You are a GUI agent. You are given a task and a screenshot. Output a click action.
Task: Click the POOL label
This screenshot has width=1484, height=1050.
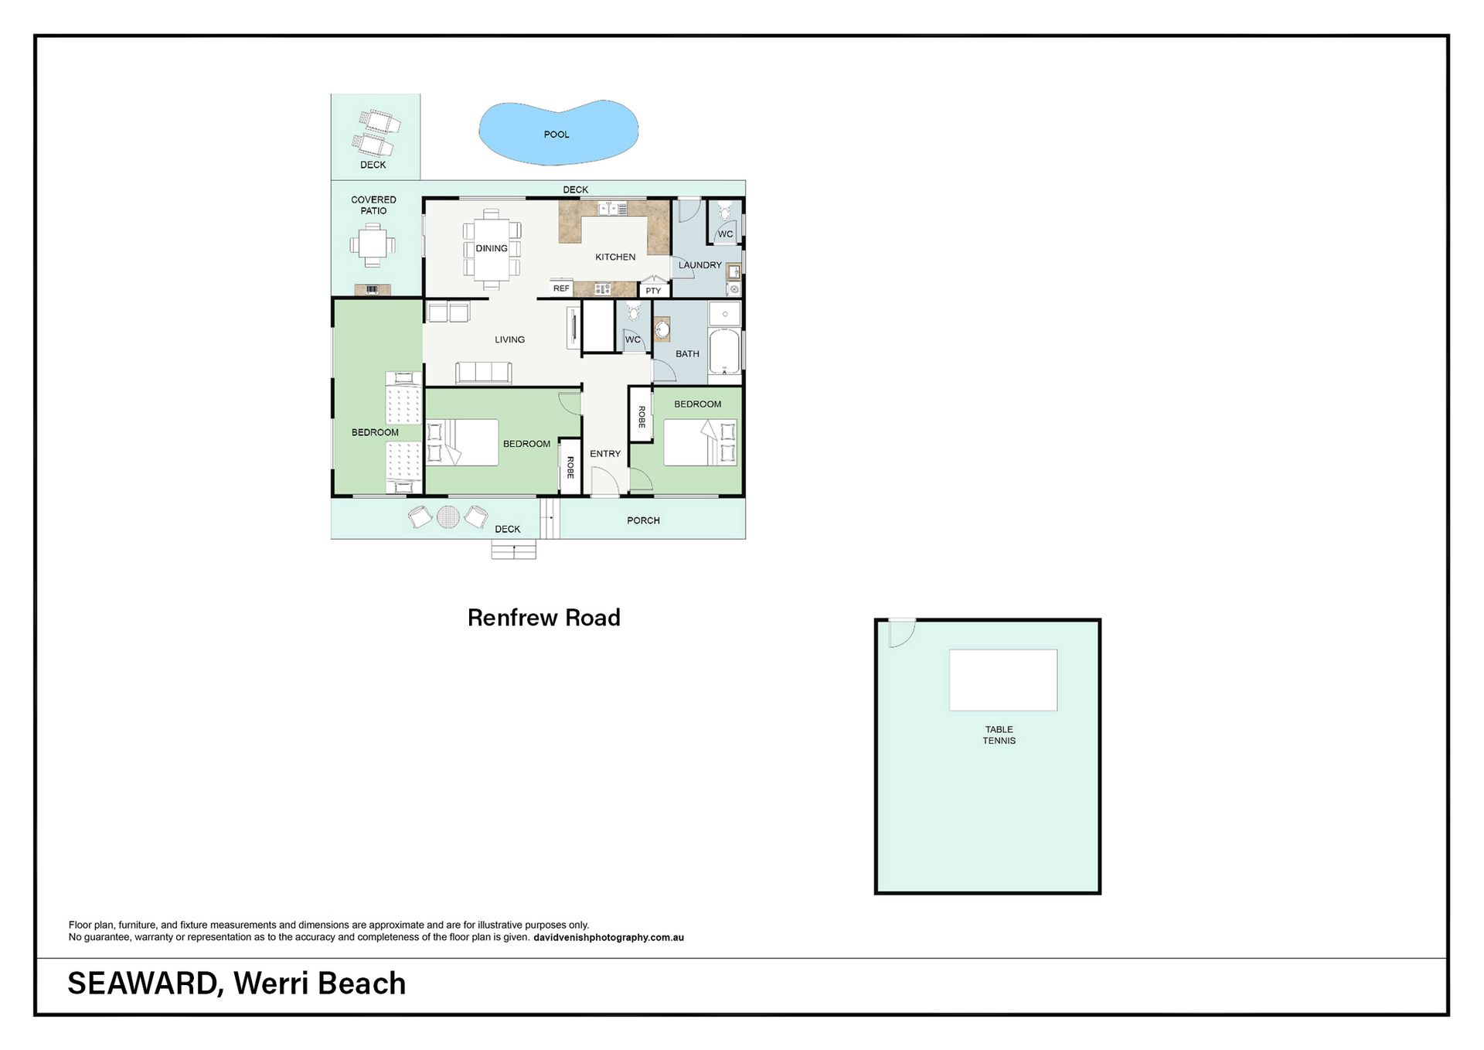556,135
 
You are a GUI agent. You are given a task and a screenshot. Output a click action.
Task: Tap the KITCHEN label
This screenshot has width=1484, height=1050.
615,257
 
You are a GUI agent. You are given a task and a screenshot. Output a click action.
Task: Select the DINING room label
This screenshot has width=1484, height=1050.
492,248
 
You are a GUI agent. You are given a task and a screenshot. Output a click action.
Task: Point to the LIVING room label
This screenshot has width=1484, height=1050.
509,339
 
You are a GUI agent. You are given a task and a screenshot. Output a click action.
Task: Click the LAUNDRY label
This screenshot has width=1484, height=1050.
700,265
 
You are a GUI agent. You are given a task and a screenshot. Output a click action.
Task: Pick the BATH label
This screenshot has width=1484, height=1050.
687,354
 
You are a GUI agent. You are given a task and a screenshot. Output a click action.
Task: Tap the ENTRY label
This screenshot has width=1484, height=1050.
605,454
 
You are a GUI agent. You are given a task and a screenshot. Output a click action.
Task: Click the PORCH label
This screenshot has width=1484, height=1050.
643,520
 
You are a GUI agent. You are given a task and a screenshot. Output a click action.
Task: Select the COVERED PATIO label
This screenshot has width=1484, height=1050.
373,205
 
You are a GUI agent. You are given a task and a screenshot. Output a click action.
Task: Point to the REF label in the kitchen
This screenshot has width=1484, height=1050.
561,288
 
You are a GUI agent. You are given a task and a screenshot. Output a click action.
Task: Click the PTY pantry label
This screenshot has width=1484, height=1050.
653,291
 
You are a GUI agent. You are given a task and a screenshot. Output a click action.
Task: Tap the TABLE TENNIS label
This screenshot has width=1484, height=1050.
999,735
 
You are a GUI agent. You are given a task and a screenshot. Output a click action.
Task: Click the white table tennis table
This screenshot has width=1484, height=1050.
1003,680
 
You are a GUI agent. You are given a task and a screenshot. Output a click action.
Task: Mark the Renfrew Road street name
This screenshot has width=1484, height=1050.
544,618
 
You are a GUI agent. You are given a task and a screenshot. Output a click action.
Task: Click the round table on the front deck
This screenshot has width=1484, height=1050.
448,516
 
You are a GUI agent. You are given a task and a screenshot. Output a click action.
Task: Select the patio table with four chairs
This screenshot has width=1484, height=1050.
373,245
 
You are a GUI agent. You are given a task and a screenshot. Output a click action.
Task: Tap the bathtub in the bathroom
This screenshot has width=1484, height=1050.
724,352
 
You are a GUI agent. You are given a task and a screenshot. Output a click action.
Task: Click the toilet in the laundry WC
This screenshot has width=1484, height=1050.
725,210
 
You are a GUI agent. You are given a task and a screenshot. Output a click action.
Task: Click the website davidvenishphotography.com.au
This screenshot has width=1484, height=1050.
608,937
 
